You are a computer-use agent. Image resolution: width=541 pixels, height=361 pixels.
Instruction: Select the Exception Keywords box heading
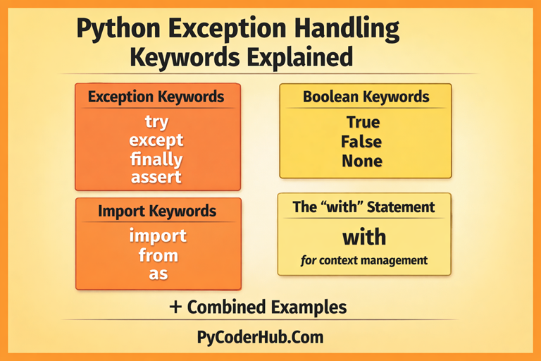156,97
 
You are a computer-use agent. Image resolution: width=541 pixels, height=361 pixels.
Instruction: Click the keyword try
156,122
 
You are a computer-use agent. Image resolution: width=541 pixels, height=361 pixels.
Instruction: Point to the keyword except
156,140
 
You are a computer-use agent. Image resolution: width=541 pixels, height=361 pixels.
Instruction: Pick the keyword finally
156,159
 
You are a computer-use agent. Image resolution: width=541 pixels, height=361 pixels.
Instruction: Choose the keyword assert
156,177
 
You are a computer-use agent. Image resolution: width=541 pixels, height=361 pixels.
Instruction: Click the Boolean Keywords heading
366,97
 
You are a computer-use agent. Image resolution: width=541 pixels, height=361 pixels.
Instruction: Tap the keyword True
363,122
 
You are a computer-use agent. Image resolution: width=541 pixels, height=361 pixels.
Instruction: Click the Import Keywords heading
157,211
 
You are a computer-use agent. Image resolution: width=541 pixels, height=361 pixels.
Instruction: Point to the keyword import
158,235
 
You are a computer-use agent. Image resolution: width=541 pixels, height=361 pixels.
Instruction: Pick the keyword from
158,254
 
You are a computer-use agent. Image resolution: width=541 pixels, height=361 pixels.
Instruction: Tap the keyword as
158,274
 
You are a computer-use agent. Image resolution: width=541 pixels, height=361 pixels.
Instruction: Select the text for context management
364,261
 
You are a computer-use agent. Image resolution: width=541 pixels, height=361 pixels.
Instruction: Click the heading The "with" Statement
364,207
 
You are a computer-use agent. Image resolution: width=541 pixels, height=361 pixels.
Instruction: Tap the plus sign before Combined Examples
176,307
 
